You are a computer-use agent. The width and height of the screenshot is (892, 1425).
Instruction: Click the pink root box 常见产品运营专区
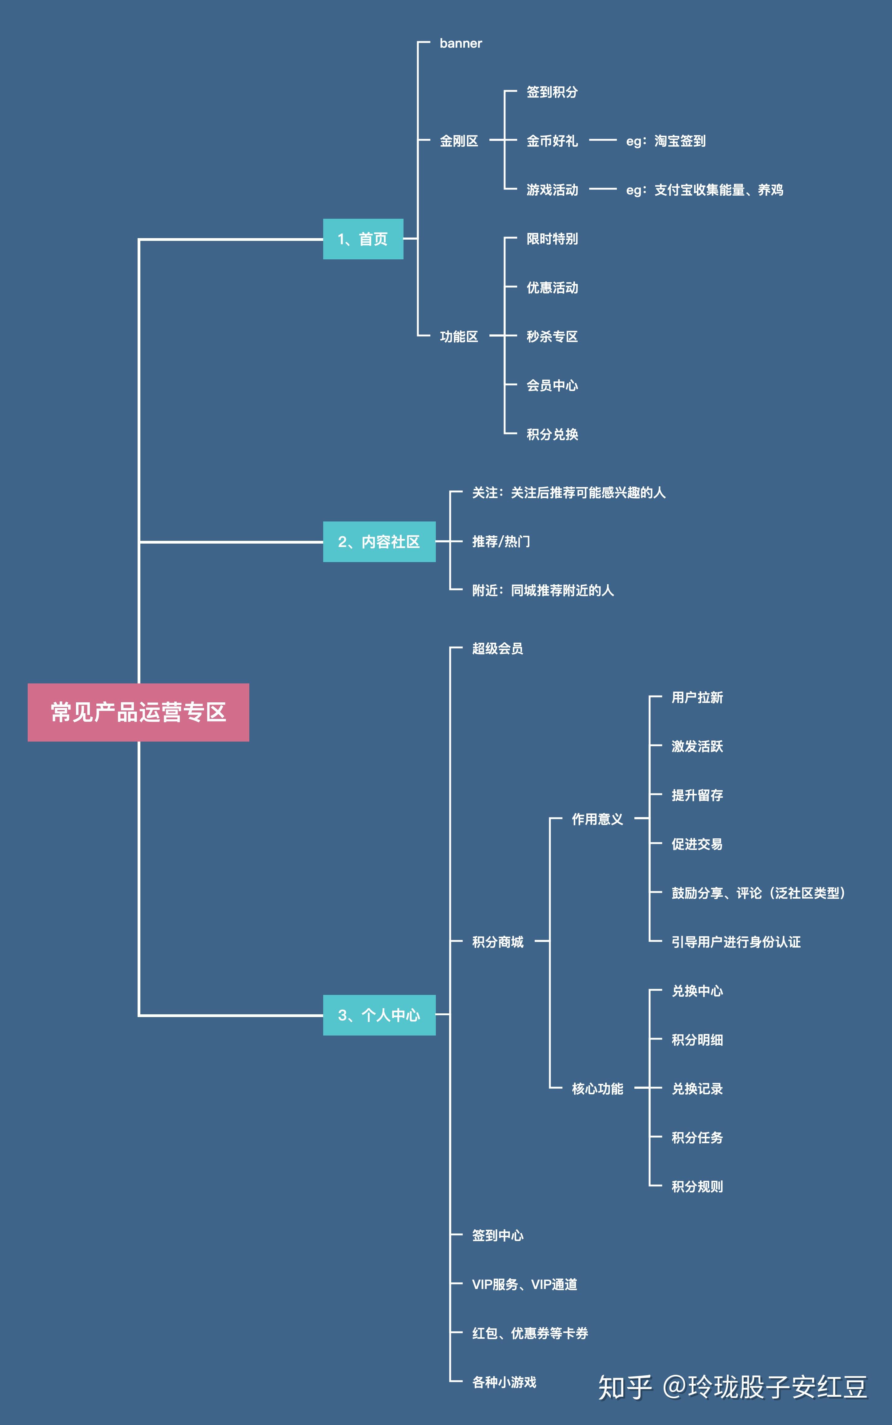pyautogui.click(x=138, y=712)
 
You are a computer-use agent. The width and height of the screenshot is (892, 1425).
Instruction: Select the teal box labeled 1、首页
pyautogui.click(x=363, y=239)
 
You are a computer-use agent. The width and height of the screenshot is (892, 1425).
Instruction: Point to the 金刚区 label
pyautogui.click(x=458, y=141)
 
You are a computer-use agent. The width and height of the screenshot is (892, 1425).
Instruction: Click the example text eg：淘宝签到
pyautogui.click(x=665, y=141)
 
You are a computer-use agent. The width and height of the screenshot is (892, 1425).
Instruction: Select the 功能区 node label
pyautogui.click(x=458, y=337)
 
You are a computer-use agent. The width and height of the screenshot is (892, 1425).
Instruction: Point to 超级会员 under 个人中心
pyautogui.click(x=497, y=649)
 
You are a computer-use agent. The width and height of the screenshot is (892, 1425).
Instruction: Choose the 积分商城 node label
pyautogui.click(x=497, y=942)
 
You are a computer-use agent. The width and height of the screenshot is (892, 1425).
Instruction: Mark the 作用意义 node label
pyautogui.click(x=597, y=819)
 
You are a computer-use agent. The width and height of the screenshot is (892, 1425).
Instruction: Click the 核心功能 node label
pyautogui.click(x=597, y=1088)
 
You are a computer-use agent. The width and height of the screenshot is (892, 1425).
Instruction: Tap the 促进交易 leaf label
pyautogui.click(x=697, y=844)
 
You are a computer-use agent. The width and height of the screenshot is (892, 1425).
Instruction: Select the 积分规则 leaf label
pyautogui.click(x=697, y=1186)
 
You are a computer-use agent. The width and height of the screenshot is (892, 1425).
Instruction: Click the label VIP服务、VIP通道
pyautogui.click(x=524, y=1284)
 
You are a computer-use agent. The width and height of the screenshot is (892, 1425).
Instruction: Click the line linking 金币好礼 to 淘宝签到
pyautogui.click(x=602, y=140)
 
